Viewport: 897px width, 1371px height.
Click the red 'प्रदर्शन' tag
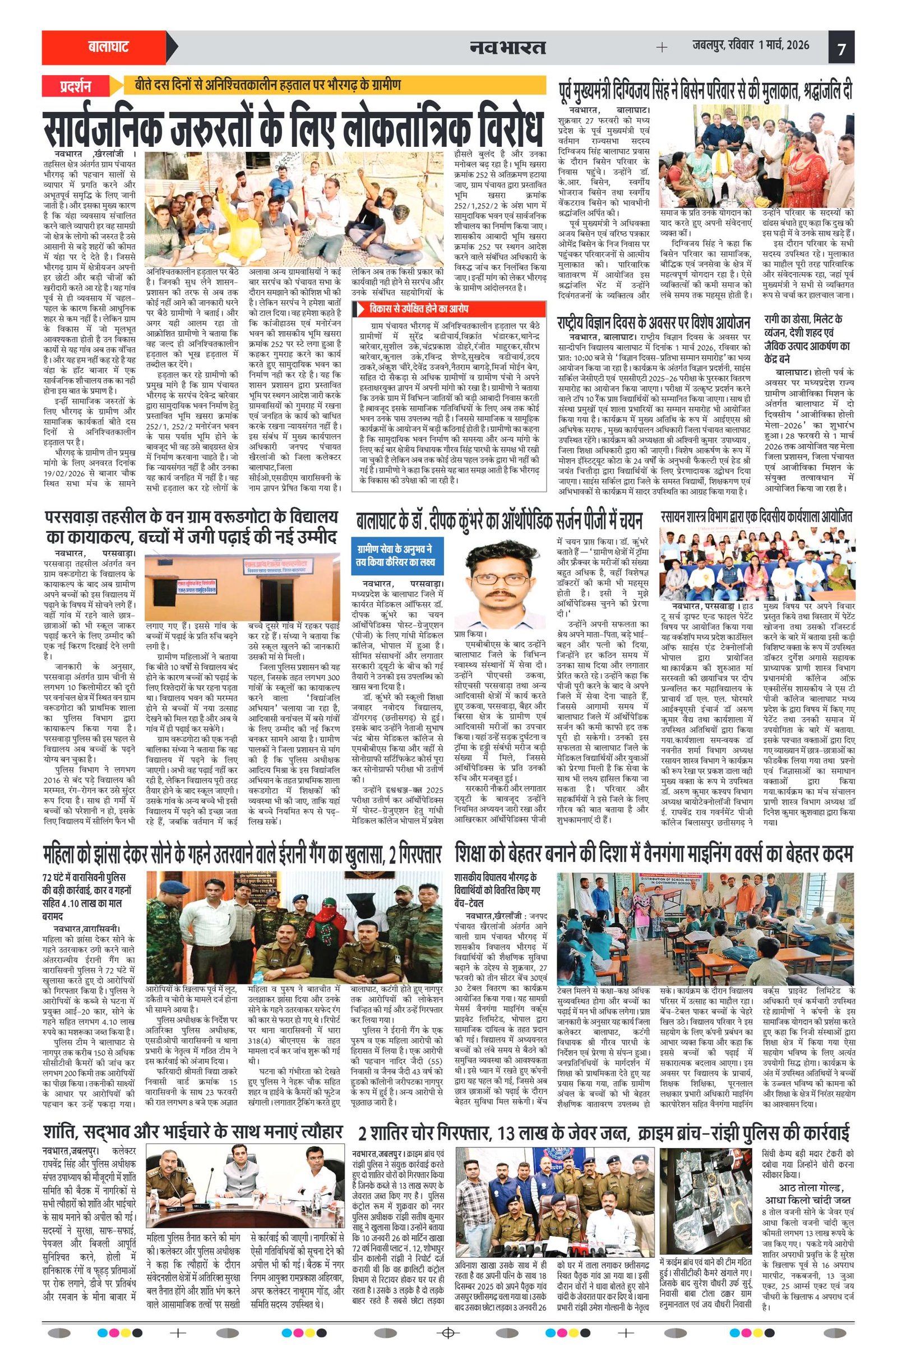coord(75,87)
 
